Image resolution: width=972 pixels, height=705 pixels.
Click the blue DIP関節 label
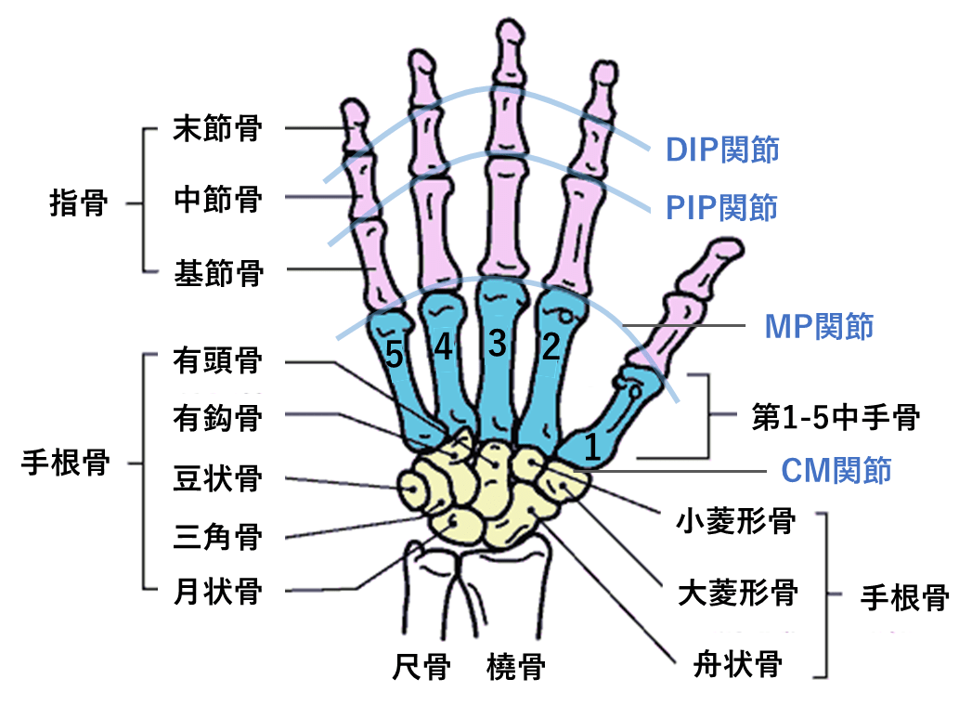pyautogui.click(x=721, y=150)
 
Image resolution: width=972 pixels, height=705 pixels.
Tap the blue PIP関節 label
pyautogui.click(x=721, y=207)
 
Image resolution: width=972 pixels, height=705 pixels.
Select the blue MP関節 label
pyautogui.click(x=819, y=326)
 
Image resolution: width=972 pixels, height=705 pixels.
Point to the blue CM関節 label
pyautogui.click(x=836, y=470)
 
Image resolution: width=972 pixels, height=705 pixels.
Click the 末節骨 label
pyautogui.click(x=217, y=129)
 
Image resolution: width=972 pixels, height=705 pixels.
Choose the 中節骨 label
pyautogui.click(x=217, y=198)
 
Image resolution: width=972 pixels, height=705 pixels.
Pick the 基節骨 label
pyautogui.click(x=217, y=273)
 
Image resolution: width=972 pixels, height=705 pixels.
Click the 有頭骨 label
pyautogui.click(x=217, y=360)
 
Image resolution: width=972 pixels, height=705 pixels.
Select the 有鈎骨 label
pyautogui.click(x=217, y=418)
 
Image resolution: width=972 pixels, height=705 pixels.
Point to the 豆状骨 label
pyautogui.click(x=217, y=480)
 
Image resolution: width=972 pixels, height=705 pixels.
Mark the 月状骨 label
pyautogui.click(x=217, y=592)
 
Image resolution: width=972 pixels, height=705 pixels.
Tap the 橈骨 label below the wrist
pyautogui.click(x=515, y=666)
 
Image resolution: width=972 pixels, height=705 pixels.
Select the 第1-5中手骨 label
pyautogui.click(x=835, y=418)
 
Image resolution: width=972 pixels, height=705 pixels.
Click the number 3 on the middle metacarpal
pyautogui.click(x=498, y=345)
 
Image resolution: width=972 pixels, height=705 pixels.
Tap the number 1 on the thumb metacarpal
pyautogui.click(x=591, y=450)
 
